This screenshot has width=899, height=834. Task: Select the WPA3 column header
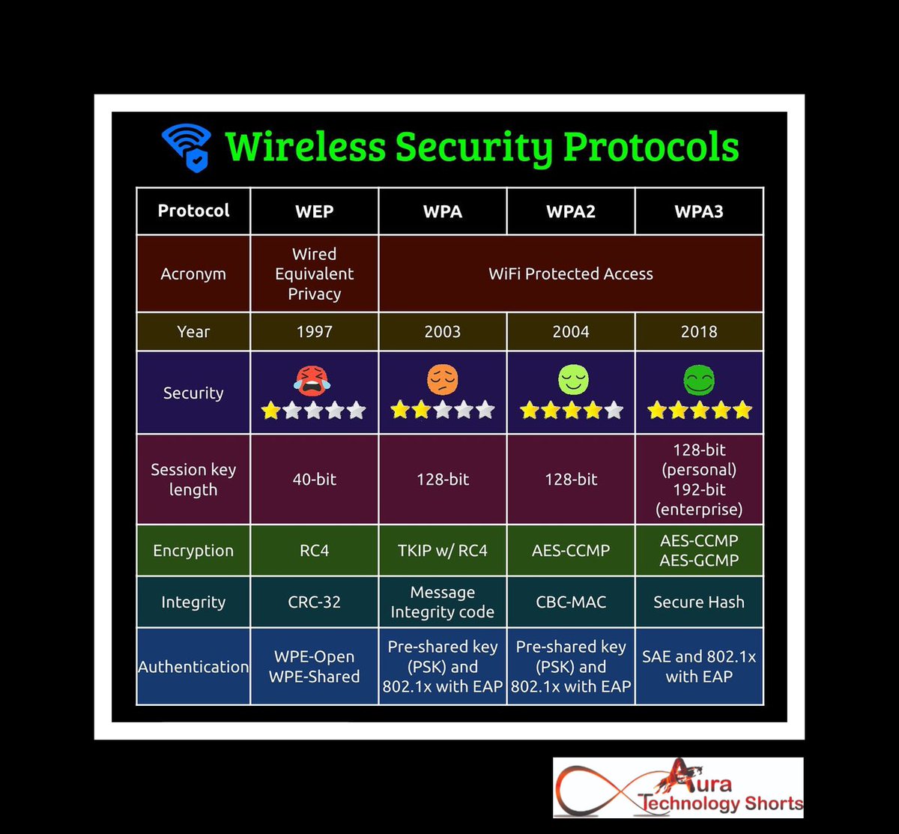698,211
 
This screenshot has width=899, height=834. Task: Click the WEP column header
314,211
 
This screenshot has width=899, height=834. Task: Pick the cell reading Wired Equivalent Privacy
314,274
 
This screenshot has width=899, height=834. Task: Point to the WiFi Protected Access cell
570,274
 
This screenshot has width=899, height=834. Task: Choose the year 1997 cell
314,332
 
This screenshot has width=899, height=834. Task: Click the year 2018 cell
698,332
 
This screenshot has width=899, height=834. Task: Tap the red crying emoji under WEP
313,381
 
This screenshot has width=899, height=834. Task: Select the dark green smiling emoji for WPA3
698,381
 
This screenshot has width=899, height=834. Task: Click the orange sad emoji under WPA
442,381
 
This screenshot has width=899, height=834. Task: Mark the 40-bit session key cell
314,480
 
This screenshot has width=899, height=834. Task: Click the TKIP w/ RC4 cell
442,551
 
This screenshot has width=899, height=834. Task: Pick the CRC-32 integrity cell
314,602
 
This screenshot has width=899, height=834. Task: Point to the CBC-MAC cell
570,602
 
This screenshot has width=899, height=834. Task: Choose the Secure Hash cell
698,602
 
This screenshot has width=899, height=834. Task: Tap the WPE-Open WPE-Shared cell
314,667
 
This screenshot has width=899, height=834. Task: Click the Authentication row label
193,667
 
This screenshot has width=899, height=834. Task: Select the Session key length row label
193,480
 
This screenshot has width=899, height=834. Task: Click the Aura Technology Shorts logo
678,788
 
